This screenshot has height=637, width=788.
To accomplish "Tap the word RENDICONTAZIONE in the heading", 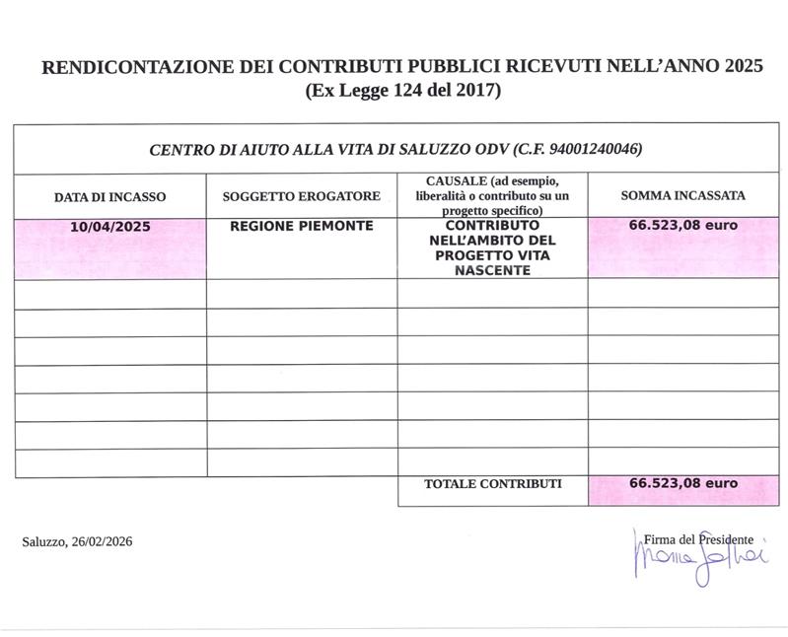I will click(128, 68).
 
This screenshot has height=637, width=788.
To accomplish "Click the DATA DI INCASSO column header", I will click(109, 196).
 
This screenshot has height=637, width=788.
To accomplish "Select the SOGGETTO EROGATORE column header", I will click(301, 196).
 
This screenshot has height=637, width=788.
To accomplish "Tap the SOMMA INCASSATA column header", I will click(682, 195).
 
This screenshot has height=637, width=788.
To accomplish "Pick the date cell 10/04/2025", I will click(109, 226).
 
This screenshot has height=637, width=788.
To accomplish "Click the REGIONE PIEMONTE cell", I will click(301, 226).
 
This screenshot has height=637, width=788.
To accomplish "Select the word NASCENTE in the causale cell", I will click(492, 270).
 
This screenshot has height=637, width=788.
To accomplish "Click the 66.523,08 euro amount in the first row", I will click(682, 225).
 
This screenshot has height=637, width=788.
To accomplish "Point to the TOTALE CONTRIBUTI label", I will click(492, 484).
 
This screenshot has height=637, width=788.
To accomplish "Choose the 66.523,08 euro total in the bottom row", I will click(682, 484).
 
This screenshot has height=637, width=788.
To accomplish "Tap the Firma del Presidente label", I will click(698, 539).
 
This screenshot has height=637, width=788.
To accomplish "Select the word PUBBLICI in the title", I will click(431, 68).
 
